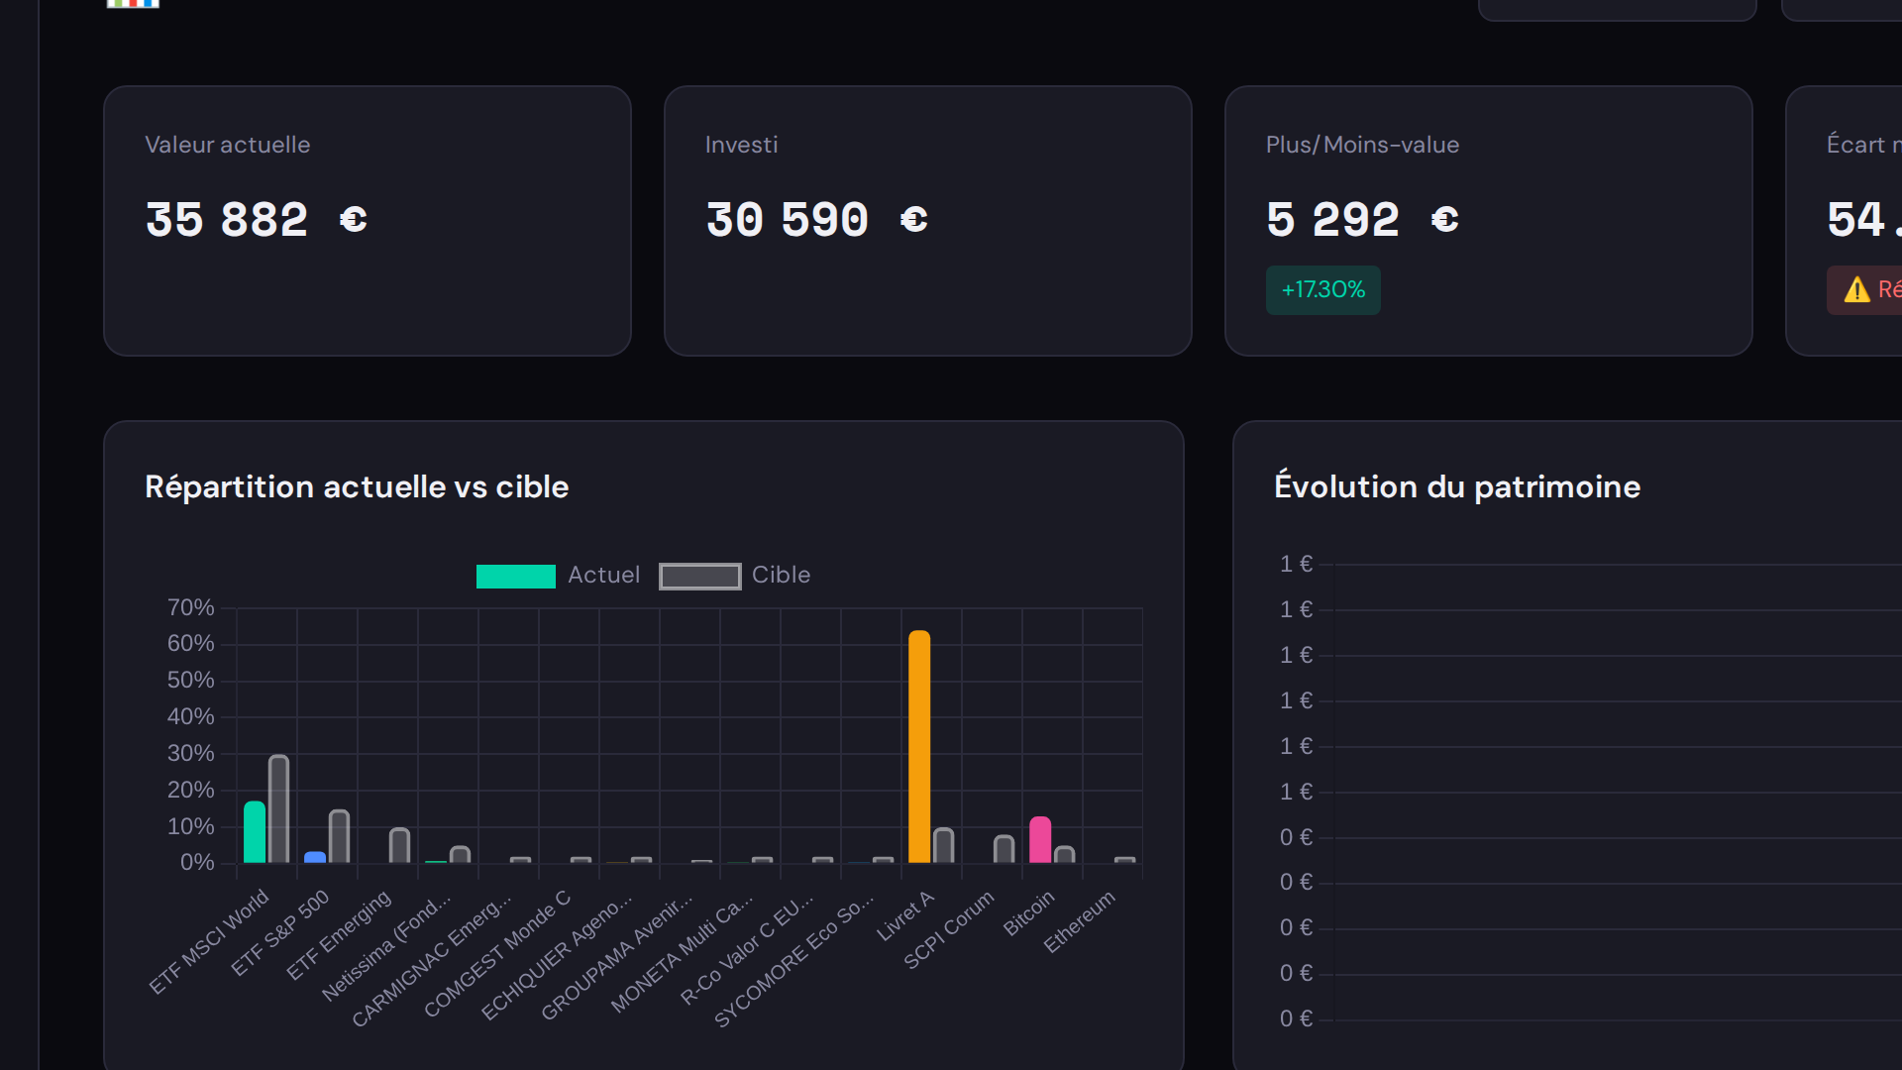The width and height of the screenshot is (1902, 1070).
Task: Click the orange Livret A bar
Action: pyautogui.click(x=919, y=747)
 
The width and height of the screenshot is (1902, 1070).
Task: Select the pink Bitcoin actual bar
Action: pyautogui.click(x=1040, y=840)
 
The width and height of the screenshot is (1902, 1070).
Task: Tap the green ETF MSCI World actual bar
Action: pyautogui.click(x=255, y=832)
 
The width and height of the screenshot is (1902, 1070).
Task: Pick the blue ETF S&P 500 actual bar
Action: pyautogui.click(x=315, y=857)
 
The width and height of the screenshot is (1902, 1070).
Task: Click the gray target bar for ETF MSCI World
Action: pyautogui.click(x=279, y=808)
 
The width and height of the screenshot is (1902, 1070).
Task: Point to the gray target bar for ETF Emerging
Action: pyautogui.click(x=400, y=845)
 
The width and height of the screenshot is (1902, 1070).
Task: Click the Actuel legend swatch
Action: pyautogui.click(x=516, y=577)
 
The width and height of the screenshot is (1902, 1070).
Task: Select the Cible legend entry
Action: pyautogui.click(x=781, y=576)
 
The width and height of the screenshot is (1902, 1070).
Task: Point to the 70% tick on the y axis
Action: pyautogui.click(x=190, y=607)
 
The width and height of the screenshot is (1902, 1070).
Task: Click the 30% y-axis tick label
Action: pyautogui.click(x=190, y=753)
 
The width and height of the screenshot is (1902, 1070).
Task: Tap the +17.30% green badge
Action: pyautogui.click(x=1322, y=290)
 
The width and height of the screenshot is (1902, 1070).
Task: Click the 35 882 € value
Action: pyautogui.click(x=257, y=220)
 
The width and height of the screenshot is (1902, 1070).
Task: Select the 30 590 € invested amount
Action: pyautogui.click(x=816, y=220)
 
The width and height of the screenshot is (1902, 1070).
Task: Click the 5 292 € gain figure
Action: pyautogui.click(x=1362, y=220)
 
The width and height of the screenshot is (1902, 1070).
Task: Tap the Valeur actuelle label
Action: pyautogui.click(x=228, y=145)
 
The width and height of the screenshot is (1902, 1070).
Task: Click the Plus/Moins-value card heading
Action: pyautogui.click(x=1362, y=145)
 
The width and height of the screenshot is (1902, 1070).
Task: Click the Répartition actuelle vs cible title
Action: pyautogui.click(x=357, y=486)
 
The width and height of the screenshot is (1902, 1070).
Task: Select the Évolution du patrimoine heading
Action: pyautogui.click(x=1457, y=486)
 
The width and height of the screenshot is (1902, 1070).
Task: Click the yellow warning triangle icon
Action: pyautogui.click(x=1856, y=290)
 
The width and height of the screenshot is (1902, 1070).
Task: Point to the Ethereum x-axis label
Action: pyautogui.click(x=1080, y=921)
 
